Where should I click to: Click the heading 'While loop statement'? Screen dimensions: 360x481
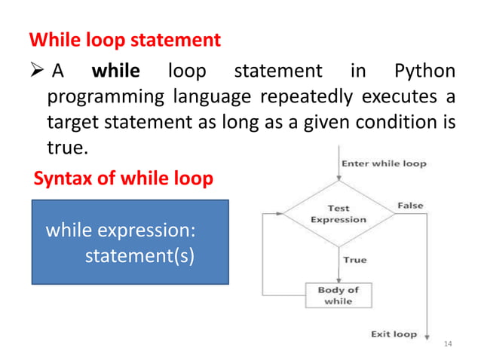tap(124, 39)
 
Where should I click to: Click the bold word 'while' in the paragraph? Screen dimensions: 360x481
tap(115, 72)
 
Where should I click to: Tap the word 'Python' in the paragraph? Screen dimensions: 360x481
tap(424, 72)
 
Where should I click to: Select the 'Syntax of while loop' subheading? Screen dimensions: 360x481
tap(124, 179)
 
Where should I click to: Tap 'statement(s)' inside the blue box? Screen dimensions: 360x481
tap(139, 255)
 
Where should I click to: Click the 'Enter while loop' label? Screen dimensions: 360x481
tap(384, 163)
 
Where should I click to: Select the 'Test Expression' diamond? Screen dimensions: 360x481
tap(339, 214)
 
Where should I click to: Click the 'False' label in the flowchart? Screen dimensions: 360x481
tap(410, 206)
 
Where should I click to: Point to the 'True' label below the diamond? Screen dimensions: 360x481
tap(354, 260)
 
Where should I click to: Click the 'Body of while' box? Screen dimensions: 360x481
tap(339, 295)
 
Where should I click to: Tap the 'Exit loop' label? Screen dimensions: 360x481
tap(394, 334)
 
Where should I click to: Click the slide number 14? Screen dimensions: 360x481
tap(449, 343)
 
